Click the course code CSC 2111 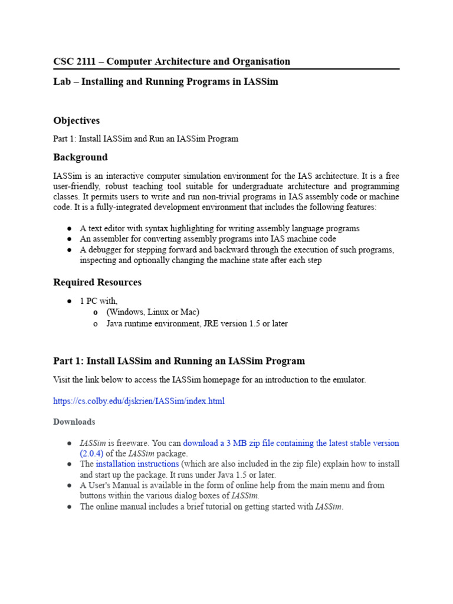pos(75,61)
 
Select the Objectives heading pos(77,120)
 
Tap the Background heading pos(80,157)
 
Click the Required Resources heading pos(97,282)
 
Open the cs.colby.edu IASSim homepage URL pos(139,401)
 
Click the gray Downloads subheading pos(74,422)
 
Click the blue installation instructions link pos(137,464)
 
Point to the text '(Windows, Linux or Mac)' pos(153,311)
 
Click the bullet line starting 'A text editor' pos(219,228)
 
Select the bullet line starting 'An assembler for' pos(208,239)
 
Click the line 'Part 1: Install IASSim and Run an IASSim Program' pos(146,139)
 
